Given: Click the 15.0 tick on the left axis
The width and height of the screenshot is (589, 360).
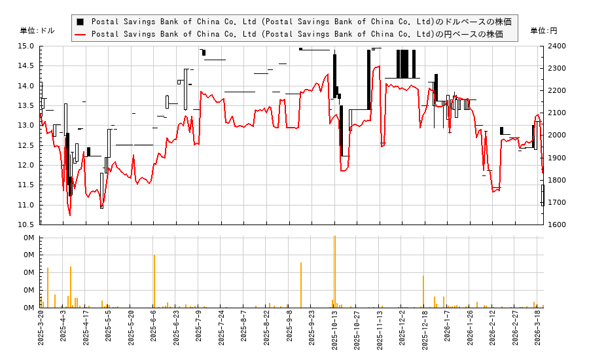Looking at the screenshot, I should pos(26,46).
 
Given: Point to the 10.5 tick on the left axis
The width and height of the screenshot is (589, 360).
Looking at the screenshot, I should pos(26,225).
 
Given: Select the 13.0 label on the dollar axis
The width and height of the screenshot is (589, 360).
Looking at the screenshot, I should pos(26,125).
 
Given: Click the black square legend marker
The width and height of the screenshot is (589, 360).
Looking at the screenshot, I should pos(80,22).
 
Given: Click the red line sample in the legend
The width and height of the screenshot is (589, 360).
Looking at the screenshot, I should pos(80,34).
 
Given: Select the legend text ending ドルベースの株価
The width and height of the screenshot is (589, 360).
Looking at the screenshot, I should pos(302,22).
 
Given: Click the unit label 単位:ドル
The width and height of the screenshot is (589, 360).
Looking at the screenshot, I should pos(37,31).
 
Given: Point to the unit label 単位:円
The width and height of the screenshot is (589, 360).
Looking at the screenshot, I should pos(543,31).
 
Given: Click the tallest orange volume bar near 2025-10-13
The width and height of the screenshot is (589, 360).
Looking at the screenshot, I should pos(334,272).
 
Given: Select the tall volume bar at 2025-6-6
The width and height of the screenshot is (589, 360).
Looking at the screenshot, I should pos(154,281).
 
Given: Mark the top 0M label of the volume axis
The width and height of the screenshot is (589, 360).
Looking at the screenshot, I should pos(29,237).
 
